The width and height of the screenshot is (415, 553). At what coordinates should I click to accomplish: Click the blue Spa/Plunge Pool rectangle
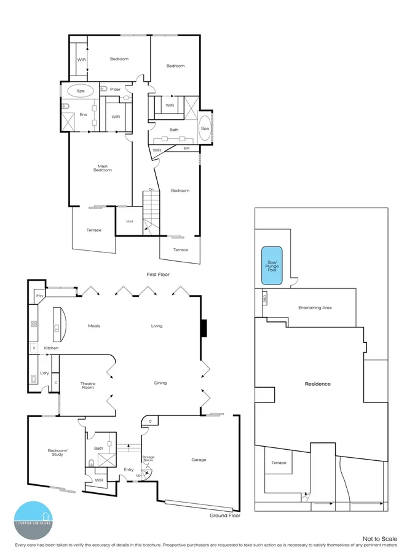click(x=272, y=265)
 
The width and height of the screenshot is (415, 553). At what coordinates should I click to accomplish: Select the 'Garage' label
click(x=199, y=460)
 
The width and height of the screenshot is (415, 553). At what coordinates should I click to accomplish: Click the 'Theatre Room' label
click(x=88, y=386)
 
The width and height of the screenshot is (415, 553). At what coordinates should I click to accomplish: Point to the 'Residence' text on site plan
click(x=318, y=384)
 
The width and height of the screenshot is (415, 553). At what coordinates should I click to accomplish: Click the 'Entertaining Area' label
click(x=315, y=307)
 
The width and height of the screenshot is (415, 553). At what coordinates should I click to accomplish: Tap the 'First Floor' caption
click(x=157, y=274)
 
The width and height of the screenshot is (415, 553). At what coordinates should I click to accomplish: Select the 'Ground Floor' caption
click(x=224, y=516)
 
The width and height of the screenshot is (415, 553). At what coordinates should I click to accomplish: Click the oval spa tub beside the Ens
click(x=81, y=90)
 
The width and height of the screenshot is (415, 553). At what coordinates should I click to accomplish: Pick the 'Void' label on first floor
click(x=129, y=221)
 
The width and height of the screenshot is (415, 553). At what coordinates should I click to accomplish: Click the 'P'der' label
click(x=115, y=90)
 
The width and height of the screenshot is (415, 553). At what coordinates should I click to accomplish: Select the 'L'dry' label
click(x=44, y=373)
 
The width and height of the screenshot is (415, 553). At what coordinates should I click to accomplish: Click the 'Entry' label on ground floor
click(x=128, y=469)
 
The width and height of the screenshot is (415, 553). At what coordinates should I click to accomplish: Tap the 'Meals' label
click(x=94, y=326)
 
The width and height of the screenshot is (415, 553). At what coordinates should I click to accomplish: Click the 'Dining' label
click(x=160, y=383)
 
